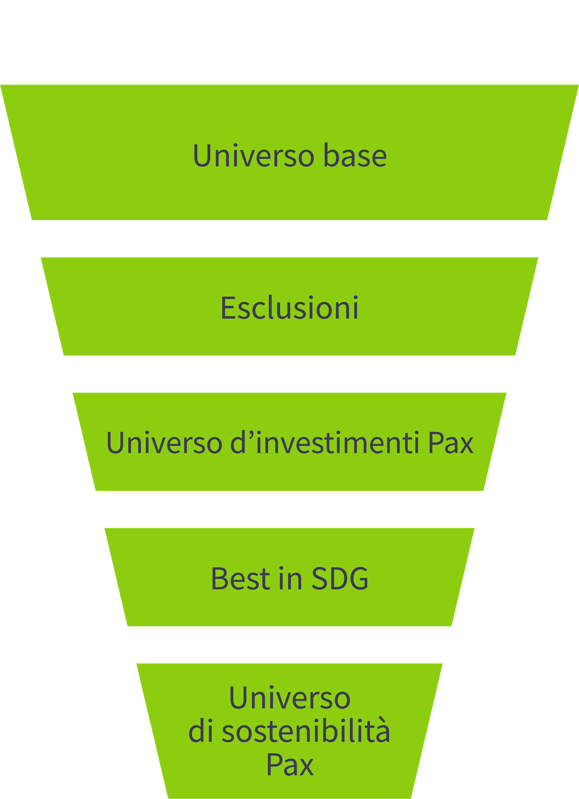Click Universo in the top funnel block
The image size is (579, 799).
point(253,156)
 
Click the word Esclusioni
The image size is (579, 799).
point(289,308)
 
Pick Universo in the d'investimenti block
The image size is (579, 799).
point(164,443)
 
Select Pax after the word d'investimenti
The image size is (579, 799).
point(451,443)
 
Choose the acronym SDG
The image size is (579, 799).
point(340,578)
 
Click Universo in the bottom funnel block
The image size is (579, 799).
point(289,698)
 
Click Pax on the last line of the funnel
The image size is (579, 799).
point(289,765)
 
